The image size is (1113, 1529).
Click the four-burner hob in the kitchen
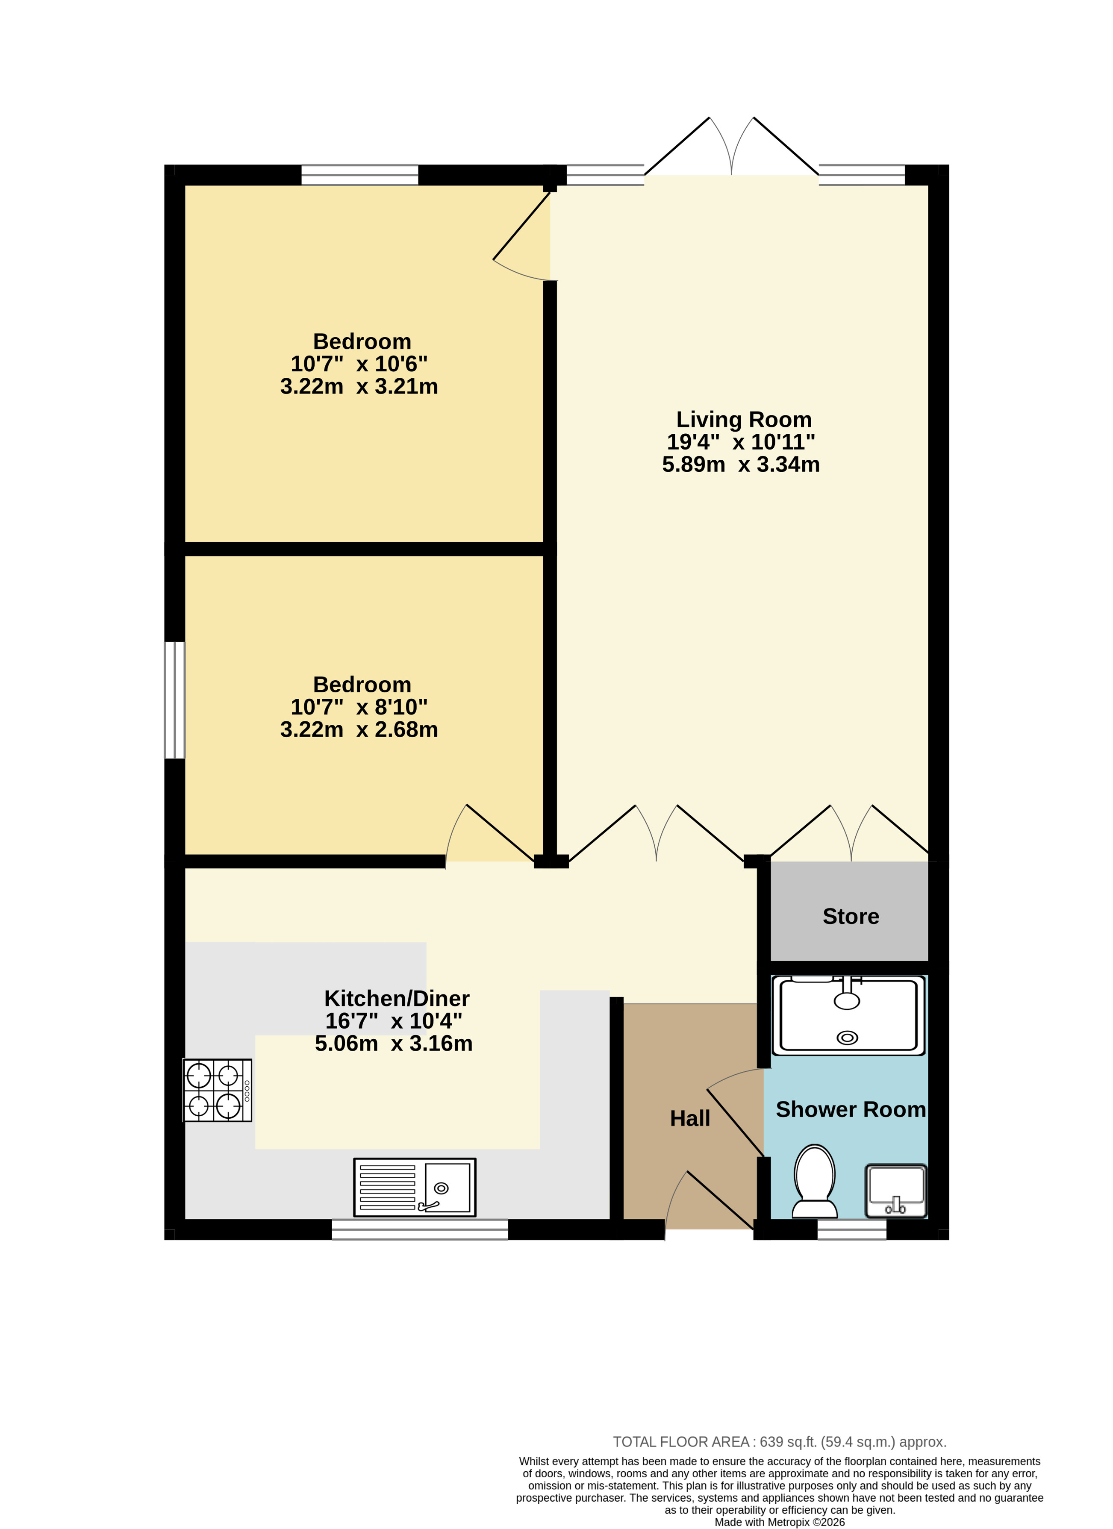coord(218,1090)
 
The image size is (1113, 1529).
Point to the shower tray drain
coord(848,1038)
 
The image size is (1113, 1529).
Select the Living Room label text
coord(744,419)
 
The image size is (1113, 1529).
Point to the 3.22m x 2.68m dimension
coord(359,729)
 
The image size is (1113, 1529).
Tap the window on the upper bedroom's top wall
coord(360,175)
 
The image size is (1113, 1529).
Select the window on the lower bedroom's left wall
coord(175,700)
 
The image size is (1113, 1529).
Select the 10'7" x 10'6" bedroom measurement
coord(359,364)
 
